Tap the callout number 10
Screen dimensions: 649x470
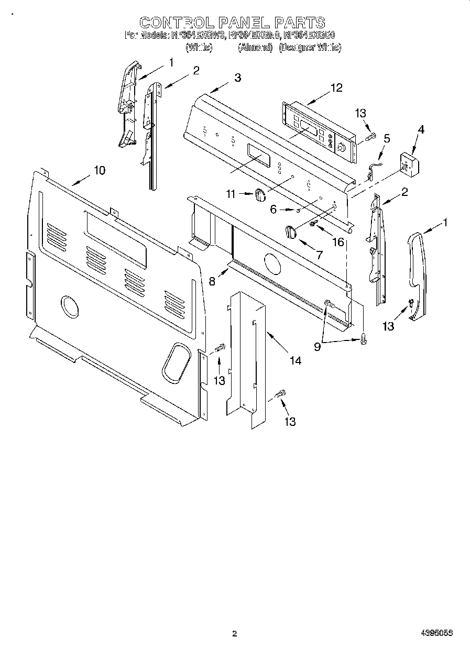coord(99,170)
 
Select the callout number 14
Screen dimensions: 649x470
coord(296,360)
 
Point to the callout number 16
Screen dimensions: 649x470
coord(338,241)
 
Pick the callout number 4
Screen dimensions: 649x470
coord(421,129)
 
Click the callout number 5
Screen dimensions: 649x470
coord(387,139)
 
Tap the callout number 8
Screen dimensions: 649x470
coord(212,281)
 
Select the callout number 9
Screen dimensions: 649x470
coord(317,346)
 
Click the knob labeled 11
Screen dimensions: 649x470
coord(260,195)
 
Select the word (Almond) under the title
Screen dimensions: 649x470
coord(255,48)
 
